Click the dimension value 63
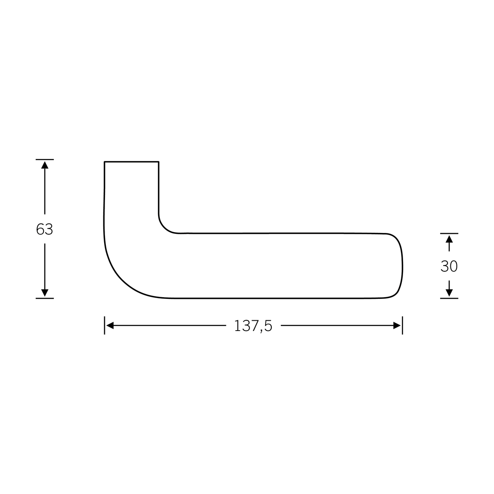[44, 229]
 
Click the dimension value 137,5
[253, 326]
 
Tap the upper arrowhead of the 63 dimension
[44, 165]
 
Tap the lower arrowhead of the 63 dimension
[44, 293]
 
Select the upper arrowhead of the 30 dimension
[449, 239]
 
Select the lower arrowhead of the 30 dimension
[449, 293]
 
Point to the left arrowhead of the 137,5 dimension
[110, 326]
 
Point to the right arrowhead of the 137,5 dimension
[397, 326]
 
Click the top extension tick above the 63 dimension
[44, 159]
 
